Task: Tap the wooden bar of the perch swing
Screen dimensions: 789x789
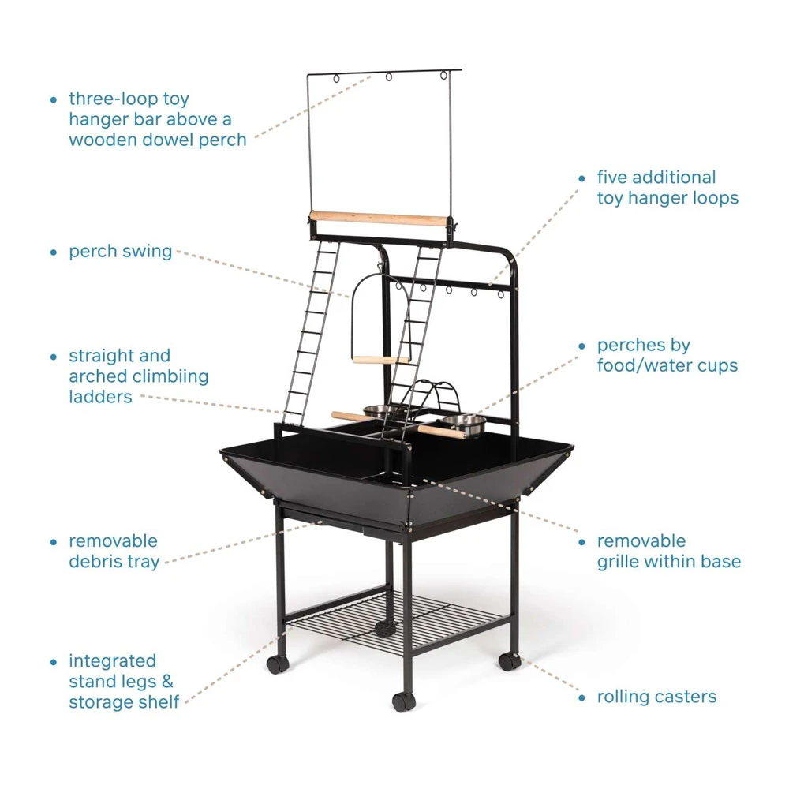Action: pyautogui.click(x=380, y=360)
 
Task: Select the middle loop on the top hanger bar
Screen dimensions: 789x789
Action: pyautogui.click(x=389, y=77)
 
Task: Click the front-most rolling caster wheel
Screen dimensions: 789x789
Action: pyautogui.click(x=403, y=701)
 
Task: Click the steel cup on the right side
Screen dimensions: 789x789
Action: pyautogui.click(x=465, y=424)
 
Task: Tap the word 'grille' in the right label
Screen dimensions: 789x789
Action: pyautogui.click(x=620, y=562)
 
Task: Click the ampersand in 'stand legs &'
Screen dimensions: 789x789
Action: pyautogui.click(x=167, y=682)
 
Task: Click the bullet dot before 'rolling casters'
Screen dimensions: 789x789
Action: pyautogui.click(x=582, y=698)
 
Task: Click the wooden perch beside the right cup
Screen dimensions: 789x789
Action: pyautogui.click(x=441, y=432)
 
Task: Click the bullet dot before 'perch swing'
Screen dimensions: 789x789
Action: pyautogui.click(x=54, y=252)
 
